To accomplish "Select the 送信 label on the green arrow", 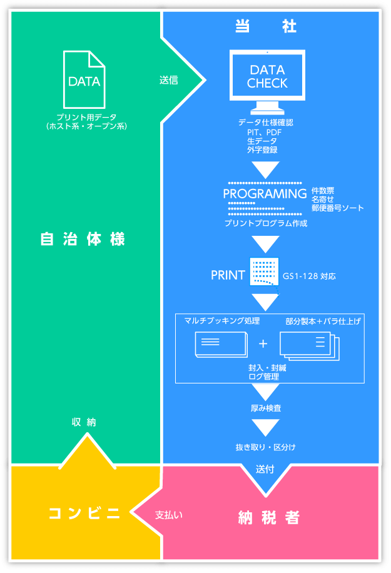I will coord(169,80).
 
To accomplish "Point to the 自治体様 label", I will coord(83,239).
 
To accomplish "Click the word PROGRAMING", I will coord(265,193).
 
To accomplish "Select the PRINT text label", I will coord(228,275).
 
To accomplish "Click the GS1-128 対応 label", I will coord(309,276).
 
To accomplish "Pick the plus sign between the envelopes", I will coord(263,343).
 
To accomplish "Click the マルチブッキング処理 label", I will coord(221,321).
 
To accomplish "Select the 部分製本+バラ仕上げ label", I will coord(323,321).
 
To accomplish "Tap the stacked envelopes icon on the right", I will coord(309,345).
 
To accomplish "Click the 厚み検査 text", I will coord(266,408).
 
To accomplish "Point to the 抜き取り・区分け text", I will coord(266,447).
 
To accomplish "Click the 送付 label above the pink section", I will coord(265,469).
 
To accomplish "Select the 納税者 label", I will coord(269,518).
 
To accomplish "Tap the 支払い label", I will coord(169,515).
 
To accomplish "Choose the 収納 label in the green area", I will coord(84,422).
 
